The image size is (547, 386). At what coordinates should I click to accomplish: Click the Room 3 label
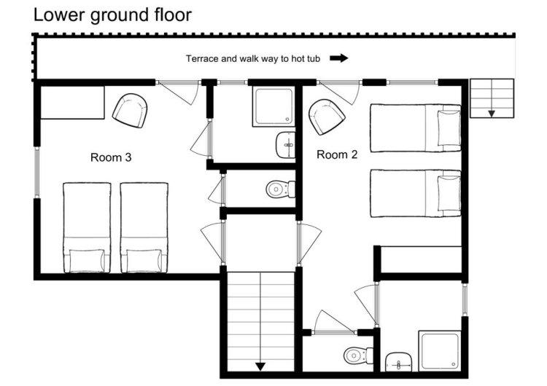(x=111, y=157)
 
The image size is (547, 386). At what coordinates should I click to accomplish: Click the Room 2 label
(x=337, y=154)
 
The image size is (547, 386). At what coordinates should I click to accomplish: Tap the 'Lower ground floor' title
(x=112, y=15)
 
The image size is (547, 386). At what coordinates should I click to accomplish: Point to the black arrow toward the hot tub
(x=339, y=58)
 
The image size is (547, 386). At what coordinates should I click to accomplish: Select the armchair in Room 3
(x=130, y=111)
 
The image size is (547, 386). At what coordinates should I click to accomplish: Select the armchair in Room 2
(x=327, y=117)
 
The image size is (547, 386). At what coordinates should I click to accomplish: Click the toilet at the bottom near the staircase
(x=358, y=355)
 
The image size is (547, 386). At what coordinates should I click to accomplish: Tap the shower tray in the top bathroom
(x=273, y=106)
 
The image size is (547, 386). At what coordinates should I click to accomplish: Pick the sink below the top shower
(x=286, y=145)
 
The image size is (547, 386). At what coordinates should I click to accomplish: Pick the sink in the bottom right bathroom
(x=398, y=362)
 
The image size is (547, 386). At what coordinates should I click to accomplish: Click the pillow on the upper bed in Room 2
(x=449, y=128)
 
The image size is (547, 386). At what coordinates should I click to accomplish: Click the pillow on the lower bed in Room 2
(x=449, y=193)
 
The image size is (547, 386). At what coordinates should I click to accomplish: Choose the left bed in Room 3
(x=87, y=227)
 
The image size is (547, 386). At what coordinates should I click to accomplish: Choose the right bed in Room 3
(x=144, y=227)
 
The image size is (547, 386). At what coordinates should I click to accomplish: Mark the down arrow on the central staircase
(x=260, y=366)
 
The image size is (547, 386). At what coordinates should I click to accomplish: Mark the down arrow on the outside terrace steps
(x=492, y=114)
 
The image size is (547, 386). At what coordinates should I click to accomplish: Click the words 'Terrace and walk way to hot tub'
(x=253, y=58)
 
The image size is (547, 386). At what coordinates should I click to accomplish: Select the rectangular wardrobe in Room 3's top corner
(x=72, y=103)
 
